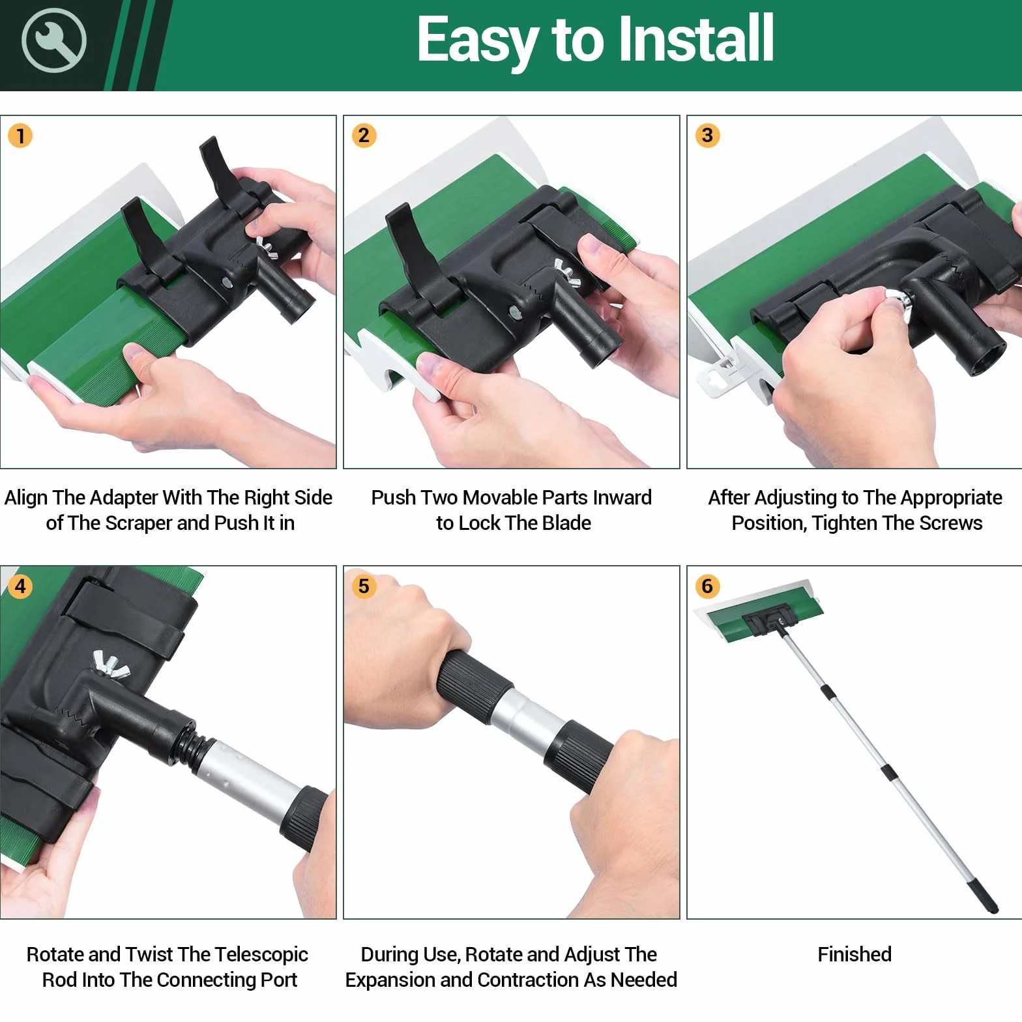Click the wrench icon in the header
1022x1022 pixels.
pyautogui.click(x=53, y=40)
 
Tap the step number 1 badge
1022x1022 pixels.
pyautogui.click(x=20, y=136)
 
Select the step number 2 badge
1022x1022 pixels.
pyautogui.click(x=364, y=135)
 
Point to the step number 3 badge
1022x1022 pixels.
pyautogui.click(x=707, y=135)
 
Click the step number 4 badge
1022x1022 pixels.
pyautogui.click(x=20, y=586)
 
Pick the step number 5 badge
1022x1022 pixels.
pyautogui.click(x=364, y=586)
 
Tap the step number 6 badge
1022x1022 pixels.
pyautogui.click(x=707, y=586)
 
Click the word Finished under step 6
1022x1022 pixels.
pyautogui.click(x=854, y=954)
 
